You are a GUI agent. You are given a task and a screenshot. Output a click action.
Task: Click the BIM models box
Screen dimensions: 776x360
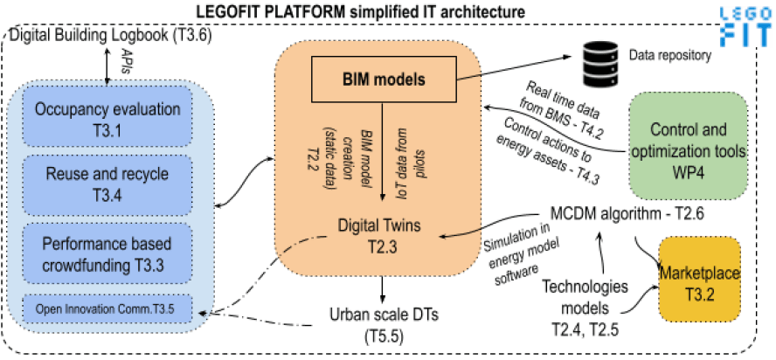(x=383, y=79)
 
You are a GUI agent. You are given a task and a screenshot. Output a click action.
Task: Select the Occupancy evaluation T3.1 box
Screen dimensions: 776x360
(x=107, y=116)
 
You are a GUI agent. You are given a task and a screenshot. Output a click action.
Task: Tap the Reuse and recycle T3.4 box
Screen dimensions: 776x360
(x=107, y=184)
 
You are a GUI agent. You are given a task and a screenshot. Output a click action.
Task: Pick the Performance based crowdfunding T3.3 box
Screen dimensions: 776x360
(x=107, y=254)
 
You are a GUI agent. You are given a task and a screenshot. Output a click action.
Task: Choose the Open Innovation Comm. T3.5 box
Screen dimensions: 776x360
(x=107, y=308)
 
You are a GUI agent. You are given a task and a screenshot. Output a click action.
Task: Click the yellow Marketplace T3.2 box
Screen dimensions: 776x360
(x=699, y=280)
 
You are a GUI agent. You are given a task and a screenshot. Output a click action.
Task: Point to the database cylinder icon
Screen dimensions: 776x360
(x=600, y=58)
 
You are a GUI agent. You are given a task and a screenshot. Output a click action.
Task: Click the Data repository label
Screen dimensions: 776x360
(x=669, y=56)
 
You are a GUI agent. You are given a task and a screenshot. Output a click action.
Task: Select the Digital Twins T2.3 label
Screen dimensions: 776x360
(x=379, y=235)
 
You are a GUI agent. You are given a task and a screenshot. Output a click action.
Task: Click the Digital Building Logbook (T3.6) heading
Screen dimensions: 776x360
(x=111, y=36)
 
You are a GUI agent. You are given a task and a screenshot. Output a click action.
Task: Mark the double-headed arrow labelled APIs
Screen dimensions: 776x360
(x=107, y=66)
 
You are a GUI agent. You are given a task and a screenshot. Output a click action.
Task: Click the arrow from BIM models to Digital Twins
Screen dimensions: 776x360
(x=382, y=151)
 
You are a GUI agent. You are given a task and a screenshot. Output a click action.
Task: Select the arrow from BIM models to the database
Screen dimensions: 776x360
(x=516, y=67)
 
